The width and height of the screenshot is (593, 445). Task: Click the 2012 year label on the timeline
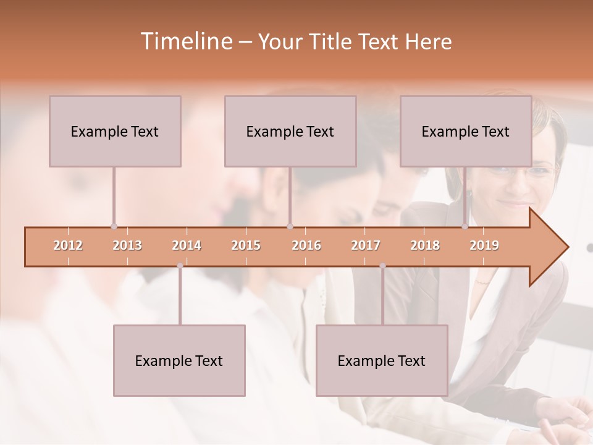click(68, 245)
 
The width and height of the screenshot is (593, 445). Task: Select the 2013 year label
click(127, 245)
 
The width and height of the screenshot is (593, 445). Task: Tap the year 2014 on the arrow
click(187, 245)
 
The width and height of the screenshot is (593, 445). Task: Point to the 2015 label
click(246, 245)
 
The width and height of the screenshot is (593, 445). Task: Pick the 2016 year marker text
click(306, 245)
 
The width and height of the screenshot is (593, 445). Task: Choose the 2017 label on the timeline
click(366, 245)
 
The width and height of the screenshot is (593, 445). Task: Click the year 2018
click(425, 245)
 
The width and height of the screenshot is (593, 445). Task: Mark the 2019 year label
click(484, 245)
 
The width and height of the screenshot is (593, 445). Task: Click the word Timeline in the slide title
click(185, 41)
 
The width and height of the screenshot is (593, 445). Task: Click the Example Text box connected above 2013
click(115, 131)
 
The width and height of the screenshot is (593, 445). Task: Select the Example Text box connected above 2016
click(290, 131)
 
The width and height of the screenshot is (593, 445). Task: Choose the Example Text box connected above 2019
click(466, 131)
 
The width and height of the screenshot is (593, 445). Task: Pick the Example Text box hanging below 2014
click(179, 360)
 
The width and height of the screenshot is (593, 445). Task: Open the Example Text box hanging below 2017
click(382, 360)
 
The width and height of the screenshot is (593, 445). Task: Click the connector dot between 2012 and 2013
click(114, 227)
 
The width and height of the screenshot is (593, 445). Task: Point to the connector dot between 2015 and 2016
click(290, 227)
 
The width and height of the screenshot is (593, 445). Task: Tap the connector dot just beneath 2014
click(180, 266)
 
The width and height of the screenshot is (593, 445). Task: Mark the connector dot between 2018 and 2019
click(465, 227)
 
